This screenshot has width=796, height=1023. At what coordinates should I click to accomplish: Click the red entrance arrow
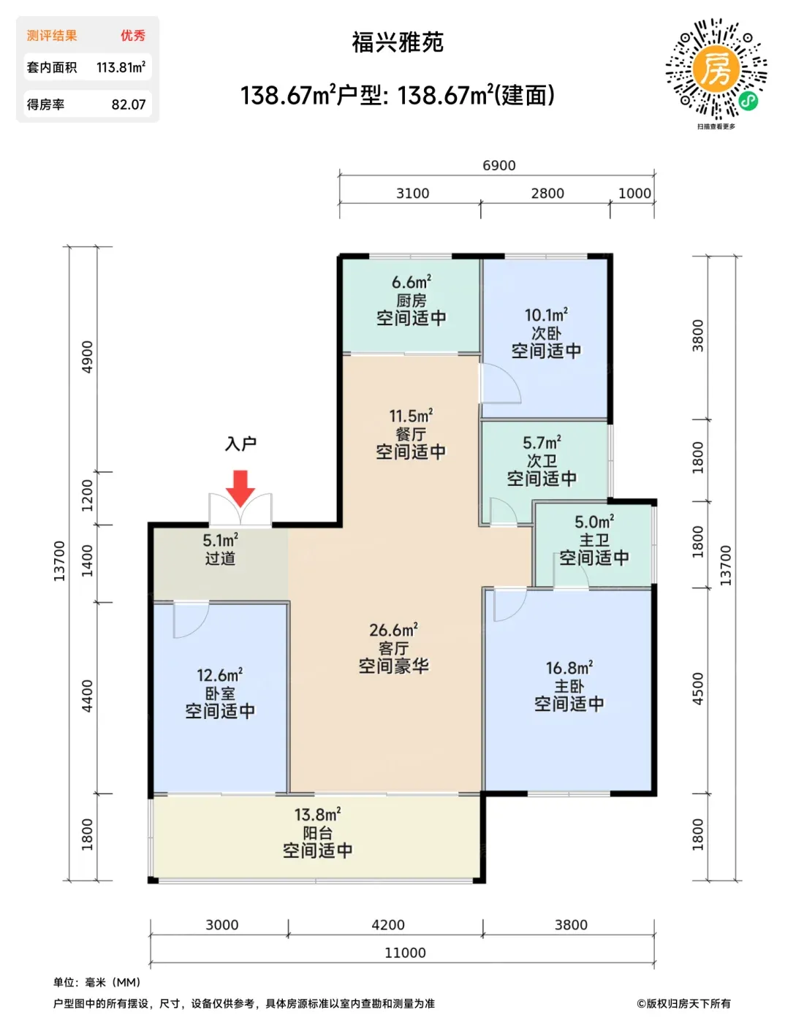240,488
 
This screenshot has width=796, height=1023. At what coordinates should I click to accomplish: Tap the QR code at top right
716,69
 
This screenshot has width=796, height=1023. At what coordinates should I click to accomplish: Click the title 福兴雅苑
398,42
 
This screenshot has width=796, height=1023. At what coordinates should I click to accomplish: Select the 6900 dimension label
499,165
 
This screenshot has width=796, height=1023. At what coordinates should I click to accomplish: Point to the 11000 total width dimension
405,952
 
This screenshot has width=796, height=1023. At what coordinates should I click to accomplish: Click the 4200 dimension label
388,924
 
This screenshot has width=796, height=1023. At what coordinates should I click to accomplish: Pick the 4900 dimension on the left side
88,357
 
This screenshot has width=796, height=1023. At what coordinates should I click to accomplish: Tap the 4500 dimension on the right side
697,689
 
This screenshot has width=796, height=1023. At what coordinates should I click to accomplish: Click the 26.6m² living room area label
393,629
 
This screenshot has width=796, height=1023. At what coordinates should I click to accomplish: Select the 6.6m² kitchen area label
412,281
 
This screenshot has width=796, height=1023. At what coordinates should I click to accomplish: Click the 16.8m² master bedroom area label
569,668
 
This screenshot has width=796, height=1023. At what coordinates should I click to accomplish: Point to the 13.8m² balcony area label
317,814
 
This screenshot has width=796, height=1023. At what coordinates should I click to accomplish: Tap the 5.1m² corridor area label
220,539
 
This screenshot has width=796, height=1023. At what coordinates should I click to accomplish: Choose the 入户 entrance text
240,444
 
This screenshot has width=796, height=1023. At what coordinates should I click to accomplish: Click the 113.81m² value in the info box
121,67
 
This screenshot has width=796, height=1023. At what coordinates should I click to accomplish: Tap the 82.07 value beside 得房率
129,104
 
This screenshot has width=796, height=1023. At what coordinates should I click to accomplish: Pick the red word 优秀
133,35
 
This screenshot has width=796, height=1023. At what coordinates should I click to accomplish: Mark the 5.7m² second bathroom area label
542,442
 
